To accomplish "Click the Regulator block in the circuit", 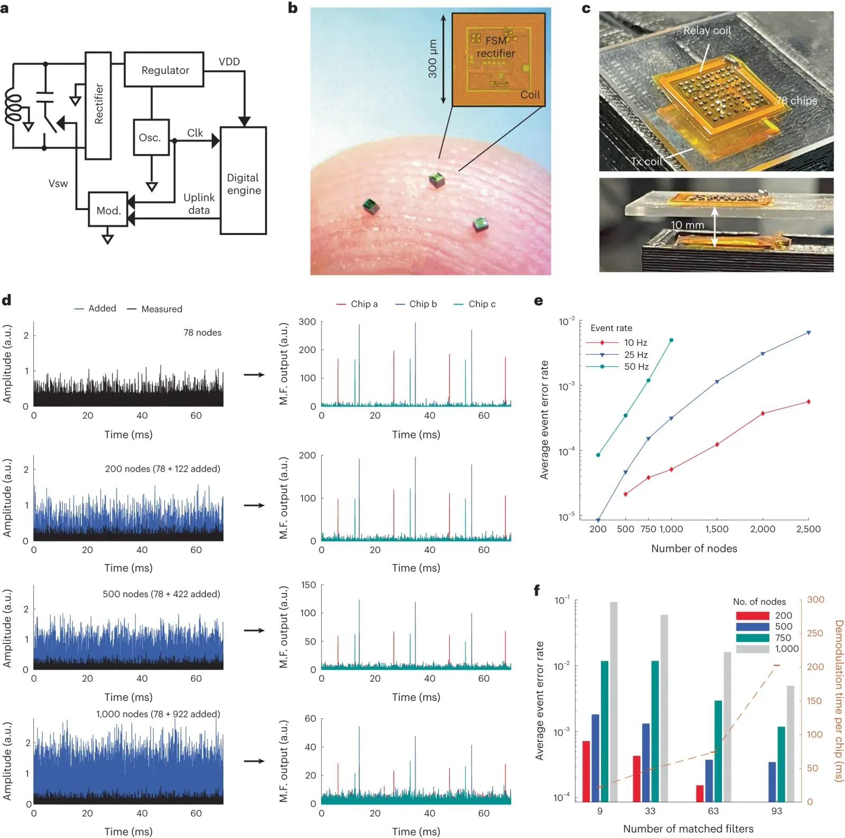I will (164, 70).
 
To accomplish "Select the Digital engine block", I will (243, 181).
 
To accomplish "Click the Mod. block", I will (108, 210).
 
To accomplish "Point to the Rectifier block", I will (98, 105).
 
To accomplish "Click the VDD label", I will (229, 62).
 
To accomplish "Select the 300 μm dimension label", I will (432, 59).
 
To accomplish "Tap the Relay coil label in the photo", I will (707, 31).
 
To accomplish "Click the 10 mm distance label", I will (687, 225).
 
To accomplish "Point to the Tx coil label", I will (646, 162).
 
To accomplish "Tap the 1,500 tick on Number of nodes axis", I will (717, 529).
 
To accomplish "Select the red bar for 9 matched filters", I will (586, 771).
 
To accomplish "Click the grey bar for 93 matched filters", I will (791, 743).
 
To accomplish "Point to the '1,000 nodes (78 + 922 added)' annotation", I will (158, 714).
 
